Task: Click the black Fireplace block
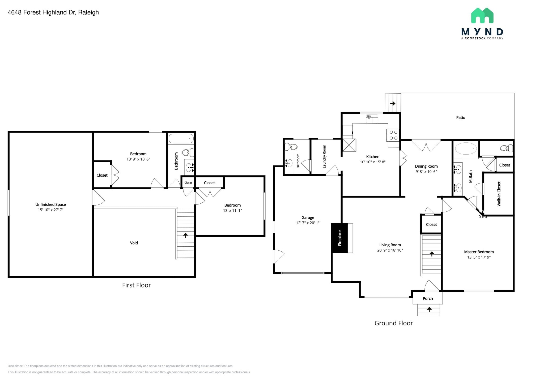coord(339,238)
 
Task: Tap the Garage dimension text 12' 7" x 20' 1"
coord(308,223)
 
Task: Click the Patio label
coord(460,117)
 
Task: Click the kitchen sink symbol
coord(372,119)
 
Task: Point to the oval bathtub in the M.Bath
coord(466,149)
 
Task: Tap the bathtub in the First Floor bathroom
coord(181,138)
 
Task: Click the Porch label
coord(428,298)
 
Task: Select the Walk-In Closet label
coord(499,194)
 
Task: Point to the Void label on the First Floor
coord(134,243)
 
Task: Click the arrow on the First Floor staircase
coord(185,235)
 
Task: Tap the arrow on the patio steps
coord(393,103)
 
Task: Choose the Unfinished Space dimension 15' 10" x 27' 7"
coord(50,210)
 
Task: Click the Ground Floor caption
coord(393,323)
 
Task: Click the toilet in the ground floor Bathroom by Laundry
coord(291,146)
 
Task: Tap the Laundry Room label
coord(324,156)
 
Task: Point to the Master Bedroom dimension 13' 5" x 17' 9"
coord(479,257)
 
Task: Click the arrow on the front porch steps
coord(429,309)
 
